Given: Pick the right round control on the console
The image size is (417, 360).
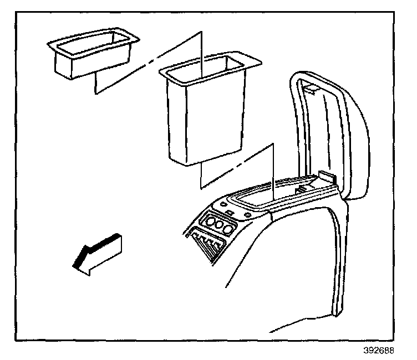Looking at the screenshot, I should click(x=227, y=229).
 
